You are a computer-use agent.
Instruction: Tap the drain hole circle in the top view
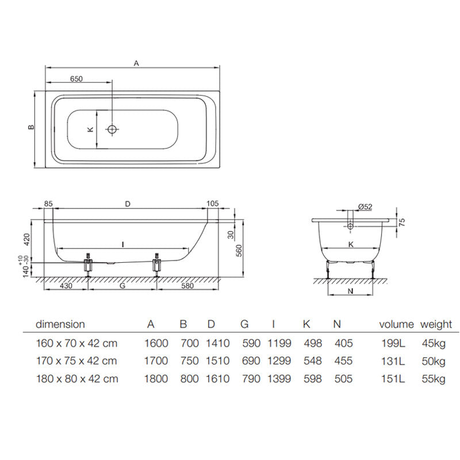[112, 129]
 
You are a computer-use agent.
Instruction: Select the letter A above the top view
[136, 64]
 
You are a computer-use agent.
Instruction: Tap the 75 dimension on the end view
[401, 223]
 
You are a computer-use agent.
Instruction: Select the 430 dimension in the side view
[66, 286]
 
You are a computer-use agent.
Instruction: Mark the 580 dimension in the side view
[189, 286]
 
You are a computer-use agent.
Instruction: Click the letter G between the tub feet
[122, 286]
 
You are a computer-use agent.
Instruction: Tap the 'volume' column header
[396, 325]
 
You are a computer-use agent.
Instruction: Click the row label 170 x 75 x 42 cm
[76, 361]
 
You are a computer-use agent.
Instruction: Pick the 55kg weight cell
[433, 379]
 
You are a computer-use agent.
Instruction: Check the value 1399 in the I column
[279, 379]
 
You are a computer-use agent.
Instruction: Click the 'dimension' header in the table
[60, 325]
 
